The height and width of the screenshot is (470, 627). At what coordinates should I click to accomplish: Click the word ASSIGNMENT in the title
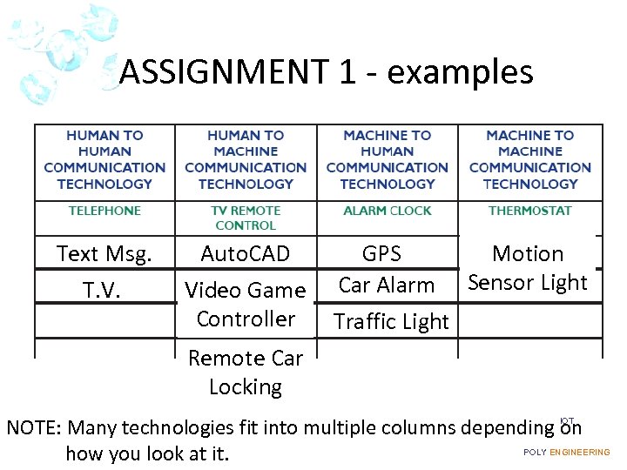tap(221, 72)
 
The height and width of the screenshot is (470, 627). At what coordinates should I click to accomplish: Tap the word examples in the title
tap(460, 72)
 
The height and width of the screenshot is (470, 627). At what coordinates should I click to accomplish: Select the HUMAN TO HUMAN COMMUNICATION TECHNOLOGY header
tap(104, 159)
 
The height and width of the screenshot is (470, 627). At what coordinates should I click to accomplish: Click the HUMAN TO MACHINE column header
tap(246, 159)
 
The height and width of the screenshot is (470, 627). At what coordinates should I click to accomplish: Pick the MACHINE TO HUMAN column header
tap(387, 159)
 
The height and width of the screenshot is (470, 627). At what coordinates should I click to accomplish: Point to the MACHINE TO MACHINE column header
tap(529, 159)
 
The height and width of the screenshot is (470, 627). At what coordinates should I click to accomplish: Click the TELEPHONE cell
tap(104, 211)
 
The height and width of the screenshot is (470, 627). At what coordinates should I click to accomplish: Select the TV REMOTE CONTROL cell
tap(246, 218)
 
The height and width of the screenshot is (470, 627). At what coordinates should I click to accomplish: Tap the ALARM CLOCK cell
tap(387, 211)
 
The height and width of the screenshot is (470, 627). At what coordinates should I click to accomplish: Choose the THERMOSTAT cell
tap(529, 211)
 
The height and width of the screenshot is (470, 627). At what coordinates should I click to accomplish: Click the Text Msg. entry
tap(104, 254)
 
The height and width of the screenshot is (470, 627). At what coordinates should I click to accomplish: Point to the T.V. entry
tap(103, 289)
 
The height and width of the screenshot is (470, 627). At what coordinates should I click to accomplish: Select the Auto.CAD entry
tap(245, 254)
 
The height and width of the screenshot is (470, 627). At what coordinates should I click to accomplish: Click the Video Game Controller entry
tap(246, 304)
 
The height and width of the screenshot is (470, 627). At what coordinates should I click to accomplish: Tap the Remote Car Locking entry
tap(246, 373)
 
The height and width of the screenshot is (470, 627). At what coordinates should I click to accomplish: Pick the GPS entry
tap(381, 253)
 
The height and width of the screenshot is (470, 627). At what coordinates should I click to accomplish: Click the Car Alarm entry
tap(386, 285)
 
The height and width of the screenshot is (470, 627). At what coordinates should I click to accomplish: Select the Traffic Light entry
tap(392, 322)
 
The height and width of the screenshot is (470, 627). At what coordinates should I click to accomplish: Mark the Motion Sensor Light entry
tap(528, 268)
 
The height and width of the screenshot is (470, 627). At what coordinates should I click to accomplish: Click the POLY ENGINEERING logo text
tap(566, 453)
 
